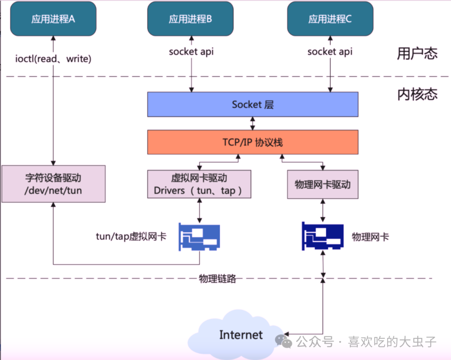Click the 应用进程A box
click(53, 19)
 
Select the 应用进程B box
click(190, 19)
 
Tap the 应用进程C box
click(330, 19)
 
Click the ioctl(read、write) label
click(53, 59)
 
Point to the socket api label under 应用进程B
click(191, 52)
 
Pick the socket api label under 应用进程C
click(330, 52)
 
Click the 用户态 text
click(417, 53)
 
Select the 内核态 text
click(417, 94)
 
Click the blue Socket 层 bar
click(253, 104)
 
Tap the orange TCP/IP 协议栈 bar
click(253, 142)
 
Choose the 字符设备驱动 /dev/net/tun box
click(53, 184)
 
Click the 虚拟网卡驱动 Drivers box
click(199, 184)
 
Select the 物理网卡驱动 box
click(322, 184)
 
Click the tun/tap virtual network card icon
click(199, 237)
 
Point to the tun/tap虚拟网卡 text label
click(131, 236)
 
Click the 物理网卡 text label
click(370, 237)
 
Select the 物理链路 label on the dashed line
click(218, 279)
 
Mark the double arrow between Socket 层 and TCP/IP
click(253, 123)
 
